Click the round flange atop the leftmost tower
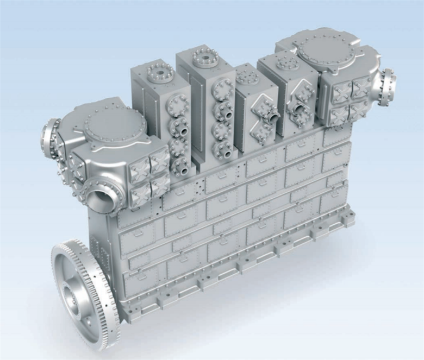coord(161,72)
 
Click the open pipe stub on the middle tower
coord(271,119)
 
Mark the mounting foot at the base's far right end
coord(348,220)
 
